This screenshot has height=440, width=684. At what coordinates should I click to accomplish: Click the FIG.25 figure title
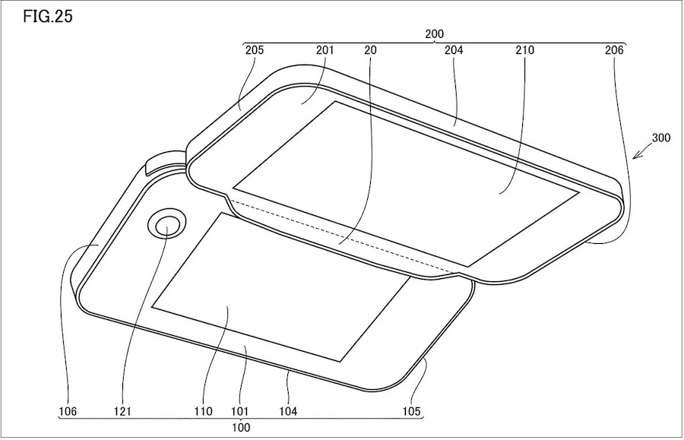pos(48,17)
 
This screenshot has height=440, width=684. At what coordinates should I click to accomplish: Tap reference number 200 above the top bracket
pos(434,34)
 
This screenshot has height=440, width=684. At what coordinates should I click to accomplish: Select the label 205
pos(255,50)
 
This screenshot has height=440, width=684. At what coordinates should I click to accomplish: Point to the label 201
pos(325,50)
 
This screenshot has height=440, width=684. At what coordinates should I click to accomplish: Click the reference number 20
pos(370,50)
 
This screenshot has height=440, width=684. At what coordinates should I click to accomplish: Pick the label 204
pos(454,50)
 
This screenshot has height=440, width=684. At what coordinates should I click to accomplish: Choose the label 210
pos(524,50)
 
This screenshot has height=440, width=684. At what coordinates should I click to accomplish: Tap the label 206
pos(614,50)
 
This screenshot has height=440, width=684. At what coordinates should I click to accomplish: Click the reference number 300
pos(661,138)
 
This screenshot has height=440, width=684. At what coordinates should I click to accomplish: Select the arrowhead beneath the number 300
pos(636,155)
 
